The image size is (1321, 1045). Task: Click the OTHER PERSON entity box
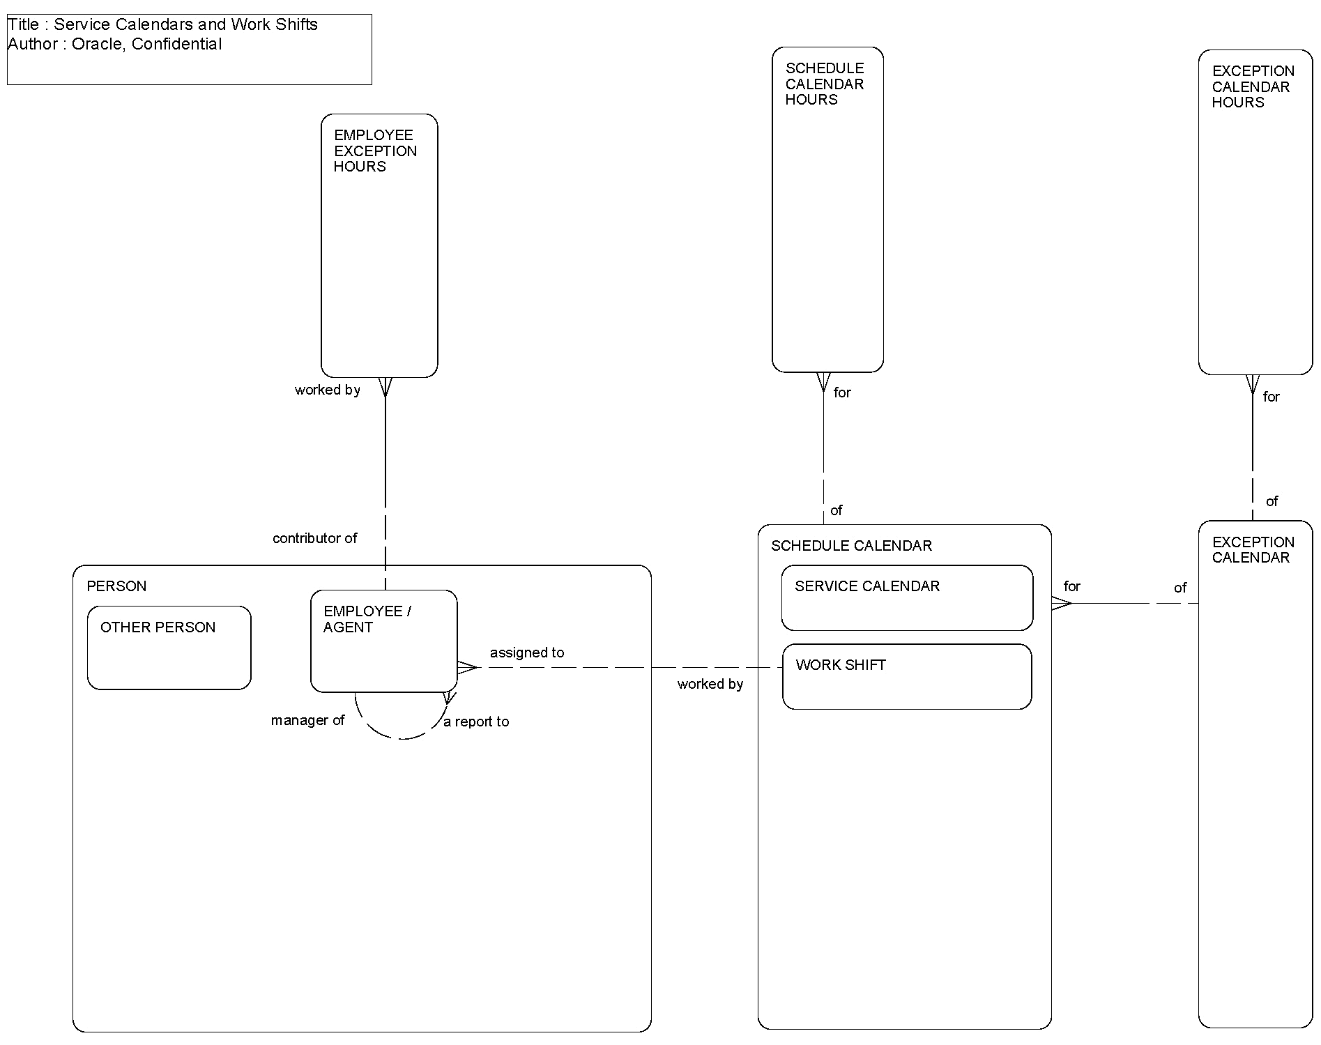click(x=169, y=648)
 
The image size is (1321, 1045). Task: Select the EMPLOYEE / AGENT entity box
click(x=383, y=641)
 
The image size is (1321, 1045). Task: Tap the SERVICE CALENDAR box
click(x=907, y=598)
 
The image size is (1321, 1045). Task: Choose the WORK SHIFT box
click(x=907, y=677)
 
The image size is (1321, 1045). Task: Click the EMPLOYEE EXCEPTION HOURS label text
click(x=374, y=151)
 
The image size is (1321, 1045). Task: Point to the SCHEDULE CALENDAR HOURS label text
click(x=824, y=84)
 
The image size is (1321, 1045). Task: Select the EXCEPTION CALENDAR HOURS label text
click(x=1253, y=86)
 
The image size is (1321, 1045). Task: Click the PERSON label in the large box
click(x=116, y=586)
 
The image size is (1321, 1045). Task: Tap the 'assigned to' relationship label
click(x=527, y=653)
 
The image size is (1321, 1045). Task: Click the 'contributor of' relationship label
click(x=314, y=538)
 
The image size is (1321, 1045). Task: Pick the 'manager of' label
click(x=307, y=720)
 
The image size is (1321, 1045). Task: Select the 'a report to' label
click(x=477, y=722)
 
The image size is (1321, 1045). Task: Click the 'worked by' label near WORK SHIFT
click(x=710, y=684)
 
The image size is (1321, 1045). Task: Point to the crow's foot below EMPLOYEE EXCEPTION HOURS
click(x=385, y=387)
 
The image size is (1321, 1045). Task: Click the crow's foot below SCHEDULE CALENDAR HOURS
click(x=823, y=382)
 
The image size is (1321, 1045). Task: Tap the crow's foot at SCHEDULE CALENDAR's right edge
click(x=1061, y=603)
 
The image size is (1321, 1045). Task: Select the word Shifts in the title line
click(x=296, y=24)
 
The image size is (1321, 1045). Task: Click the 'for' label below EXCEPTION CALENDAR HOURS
click(x=1271, y=397)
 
